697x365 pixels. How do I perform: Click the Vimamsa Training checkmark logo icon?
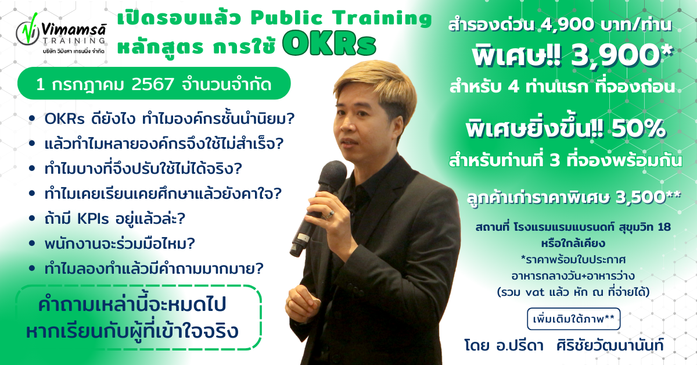point(27,35)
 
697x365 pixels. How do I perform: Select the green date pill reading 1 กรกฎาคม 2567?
point(153,84)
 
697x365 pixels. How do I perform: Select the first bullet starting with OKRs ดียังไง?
point(169,119)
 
